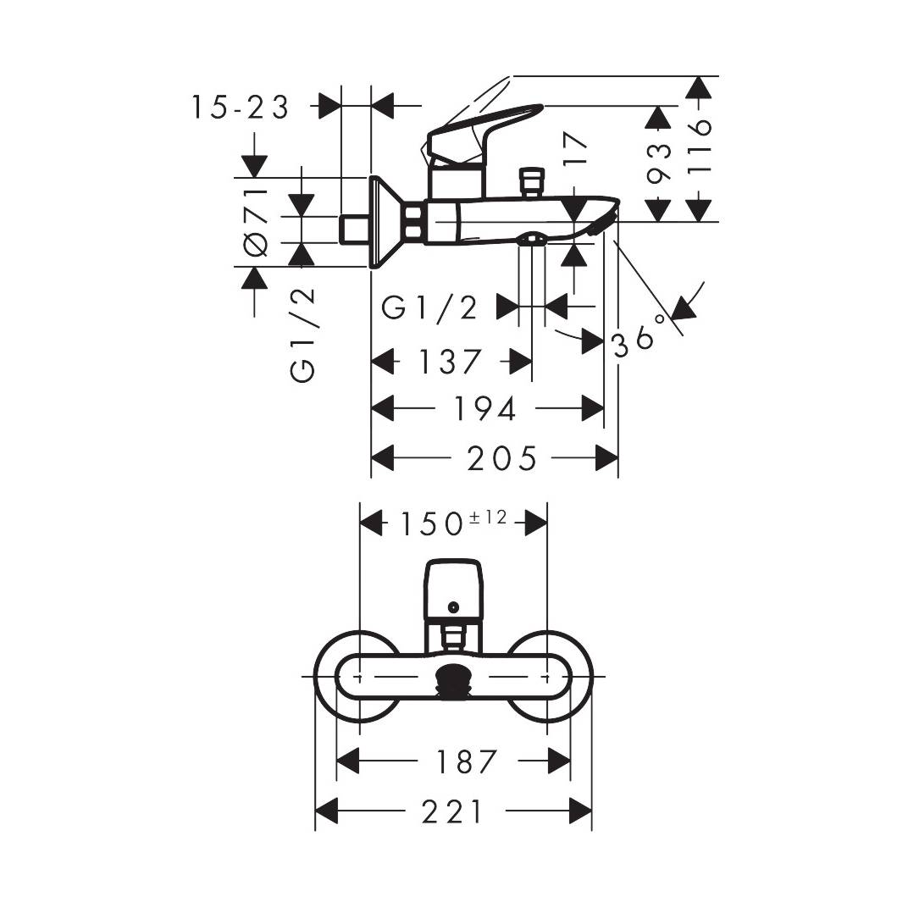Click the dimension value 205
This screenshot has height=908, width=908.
pos(501,459)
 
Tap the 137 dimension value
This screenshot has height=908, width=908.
pos(450,363)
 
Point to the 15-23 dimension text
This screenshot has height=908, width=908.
pos(240,108)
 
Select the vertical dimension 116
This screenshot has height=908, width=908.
pos(699,147)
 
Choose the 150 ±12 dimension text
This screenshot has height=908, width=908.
pos(452,523)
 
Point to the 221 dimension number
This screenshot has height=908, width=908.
pos(454,811)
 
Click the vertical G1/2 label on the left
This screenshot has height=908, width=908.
pos(302,334)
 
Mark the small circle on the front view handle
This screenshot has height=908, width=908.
pos(454,606)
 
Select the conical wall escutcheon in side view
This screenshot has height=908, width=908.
pos(385,222)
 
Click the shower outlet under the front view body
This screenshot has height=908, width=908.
pos(454,681)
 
